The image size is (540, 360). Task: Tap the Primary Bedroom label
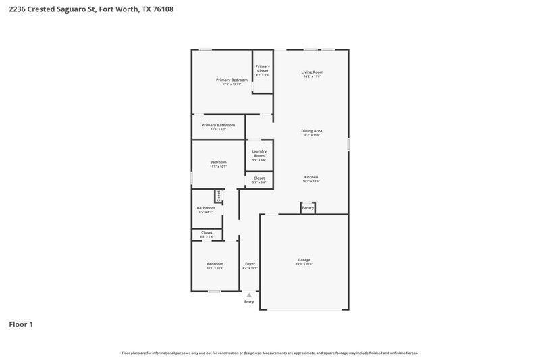[x=232, y=80]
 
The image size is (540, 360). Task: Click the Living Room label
[x=312, y=72]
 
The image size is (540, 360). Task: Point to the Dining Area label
[x=311, y=130]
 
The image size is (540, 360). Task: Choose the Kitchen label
[x=311, y=177]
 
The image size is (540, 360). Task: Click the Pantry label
[x=308, y=208]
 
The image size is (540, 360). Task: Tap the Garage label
[x=304, y=259]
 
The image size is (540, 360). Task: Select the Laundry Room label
[x=259, y=153]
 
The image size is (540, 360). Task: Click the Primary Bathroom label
[x=218, y=125]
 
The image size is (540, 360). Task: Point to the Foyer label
[x=250, y=263]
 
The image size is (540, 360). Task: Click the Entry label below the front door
[x=249, y=301]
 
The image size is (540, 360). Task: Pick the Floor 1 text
[x=21, y=324]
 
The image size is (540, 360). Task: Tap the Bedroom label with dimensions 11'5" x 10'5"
[x=218, y=162]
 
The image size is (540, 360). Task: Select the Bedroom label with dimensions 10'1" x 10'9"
[x=215, y=263]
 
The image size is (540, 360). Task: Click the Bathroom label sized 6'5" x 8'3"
[x=205, y=208]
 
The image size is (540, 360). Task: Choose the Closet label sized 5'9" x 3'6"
[x=259, y=178]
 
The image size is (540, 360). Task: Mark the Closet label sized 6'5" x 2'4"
[x=207, y=232]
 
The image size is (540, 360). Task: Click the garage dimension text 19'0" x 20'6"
[x=304, y=264]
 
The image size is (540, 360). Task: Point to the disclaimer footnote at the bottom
[x=269, y=353]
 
